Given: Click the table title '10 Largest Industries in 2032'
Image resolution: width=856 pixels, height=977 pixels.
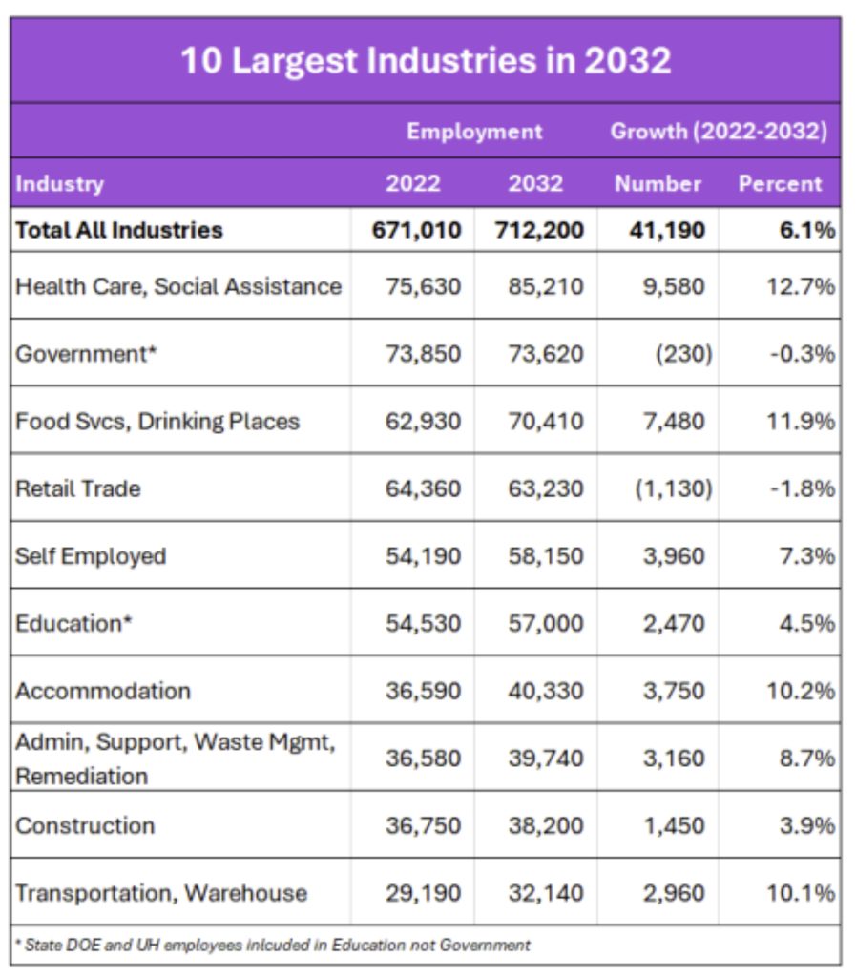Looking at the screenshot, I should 426,61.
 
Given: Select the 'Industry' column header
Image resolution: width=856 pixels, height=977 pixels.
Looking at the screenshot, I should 60,183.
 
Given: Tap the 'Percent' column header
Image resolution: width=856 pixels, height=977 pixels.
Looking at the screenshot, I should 780,183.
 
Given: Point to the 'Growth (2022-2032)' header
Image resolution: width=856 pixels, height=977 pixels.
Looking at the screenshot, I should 719,132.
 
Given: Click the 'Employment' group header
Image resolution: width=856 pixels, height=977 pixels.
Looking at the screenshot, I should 474,132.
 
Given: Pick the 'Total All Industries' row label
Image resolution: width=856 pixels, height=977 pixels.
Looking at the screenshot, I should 119,230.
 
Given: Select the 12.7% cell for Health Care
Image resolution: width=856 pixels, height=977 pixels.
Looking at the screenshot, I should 801,286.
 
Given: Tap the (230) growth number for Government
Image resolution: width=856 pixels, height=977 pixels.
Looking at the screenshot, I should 682,354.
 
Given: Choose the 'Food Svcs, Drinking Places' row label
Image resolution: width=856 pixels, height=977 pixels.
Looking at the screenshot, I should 157,422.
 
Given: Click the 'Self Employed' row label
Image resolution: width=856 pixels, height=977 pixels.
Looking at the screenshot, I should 91,556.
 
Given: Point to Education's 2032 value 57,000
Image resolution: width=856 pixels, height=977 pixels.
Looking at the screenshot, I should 545,624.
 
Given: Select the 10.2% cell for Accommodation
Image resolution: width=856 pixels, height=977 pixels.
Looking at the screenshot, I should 801,691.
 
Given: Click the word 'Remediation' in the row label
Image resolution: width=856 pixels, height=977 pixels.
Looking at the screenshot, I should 82,776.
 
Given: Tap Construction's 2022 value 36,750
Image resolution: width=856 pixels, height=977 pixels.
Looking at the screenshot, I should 423,825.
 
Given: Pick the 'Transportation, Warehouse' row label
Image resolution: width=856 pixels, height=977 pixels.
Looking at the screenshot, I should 161,893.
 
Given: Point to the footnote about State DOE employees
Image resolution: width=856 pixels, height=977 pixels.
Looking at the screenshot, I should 273,946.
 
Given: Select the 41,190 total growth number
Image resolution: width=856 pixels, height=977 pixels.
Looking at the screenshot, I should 668,230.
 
